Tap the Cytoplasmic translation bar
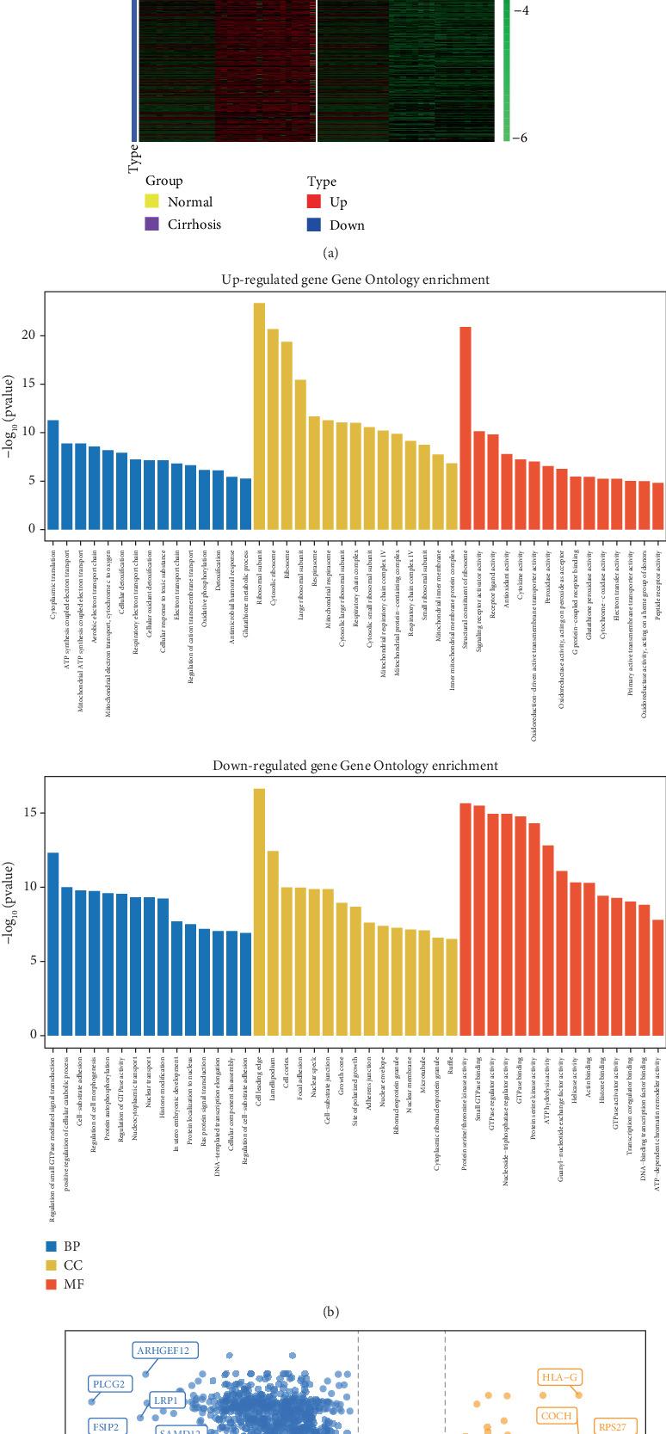click(53, 474)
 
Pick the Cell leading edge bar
click(259, 912)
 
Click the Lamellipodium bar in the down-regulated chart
click(273, 943)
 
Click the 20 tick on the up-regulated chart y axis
click(28, 335)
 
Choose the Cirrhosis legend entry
click(194, 225)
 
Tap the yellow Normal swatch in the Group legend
click(151, 202)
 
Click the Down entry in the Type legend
click(347, 225)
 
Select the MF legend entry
click(74, 1284)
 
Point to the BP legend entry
click(72, 1246)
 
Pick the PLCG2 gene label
click(109, 1384)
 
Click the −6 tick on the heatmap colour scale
click(520, 138)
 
